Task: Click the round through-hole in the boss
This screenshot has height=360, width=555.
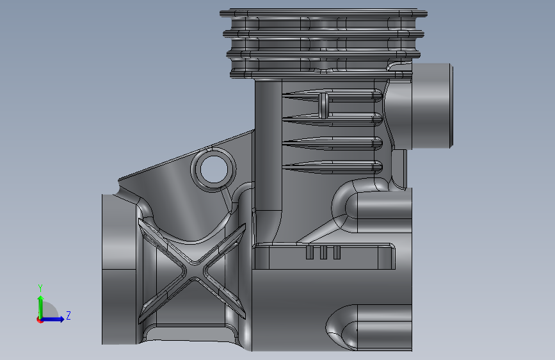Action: (x=214, y=169)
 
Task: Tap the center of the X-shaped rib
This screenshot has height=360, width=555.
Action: (x=193, y=272)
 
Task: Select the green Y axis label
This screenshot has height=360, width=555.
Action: (x=40, y=288)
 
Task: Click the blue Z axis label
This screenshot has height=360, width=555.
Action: (x=68, y=315)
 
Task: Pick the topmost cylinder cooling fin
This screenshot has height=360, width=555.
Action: (x=323, y=13)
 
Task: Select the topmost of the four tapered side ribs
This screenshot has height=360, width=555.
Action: (x=332, y=95)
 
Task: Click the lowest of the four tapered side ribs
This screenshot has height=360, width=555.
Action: (x=332, y=167)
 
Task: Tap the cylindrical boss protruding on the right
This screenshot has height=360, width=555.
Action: (x=433, y=106)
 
